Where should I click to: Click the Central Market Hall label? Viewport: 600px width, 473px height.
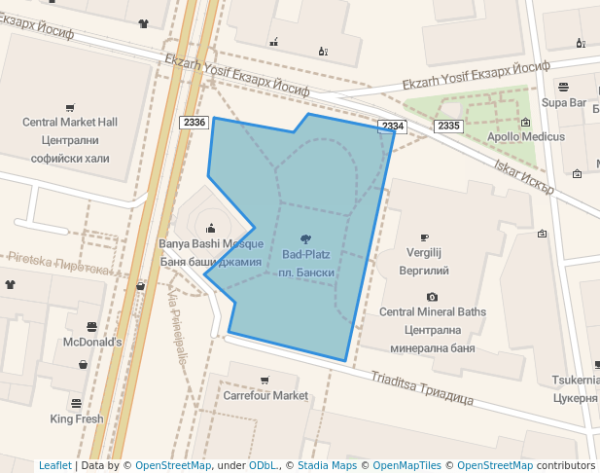click(x=70, y=122)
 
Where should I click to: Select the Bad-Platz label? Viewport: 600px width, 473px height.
click(x=306, y=255)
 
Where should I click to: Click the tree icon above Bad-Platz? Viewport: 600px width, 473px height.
click(x=306, y=238)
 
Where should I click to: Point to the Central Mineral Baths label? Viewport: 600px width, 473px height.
click(x=432, y=312)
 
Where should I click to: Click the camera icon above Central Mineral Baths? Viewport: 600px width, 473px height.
click(x=432, y=297)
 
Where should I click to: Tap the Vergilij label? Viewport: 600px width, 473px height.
click(x=424, y=252)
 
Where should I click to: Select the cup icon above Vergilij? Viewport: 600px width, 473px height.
click(x=424, y=237)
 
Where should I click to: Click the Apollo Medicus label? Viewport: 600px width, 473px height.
click(x=526, y=137)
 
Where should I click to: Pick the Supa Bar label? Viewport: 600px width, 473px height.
click(x=564, y=102)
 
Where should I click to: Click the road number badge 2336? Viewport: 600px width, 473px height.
click(x=194, y=122)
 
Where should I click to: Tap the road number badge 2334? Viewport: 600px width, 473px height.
click(x=392, y=127)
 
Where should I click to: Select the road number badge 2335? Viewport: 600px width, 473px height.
click(x=448, y=126)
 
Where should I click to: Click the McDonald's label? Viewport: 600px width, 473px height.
click(x=92, y=343)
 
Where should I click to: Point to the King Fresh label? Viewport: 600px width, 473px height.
click(x=77, y=419)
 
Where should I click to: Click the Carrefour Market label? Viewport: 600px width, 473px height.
click(x=265, y=396)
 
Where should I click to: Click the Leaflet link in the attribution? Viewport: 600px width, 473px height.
click(x=54, y=466)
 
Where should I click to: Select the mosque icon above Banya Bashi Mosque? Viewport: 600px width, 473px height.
click(x=211, y=228)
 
